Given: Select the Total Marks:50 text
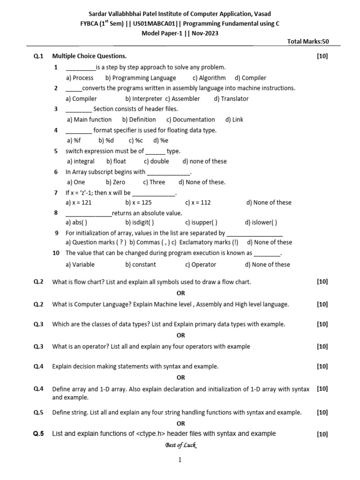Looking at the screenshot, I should click(308, 41).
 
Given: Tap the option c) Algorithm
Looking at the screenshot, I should click(209, 78).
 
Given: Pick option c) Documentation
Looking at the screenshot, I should click(190, 120).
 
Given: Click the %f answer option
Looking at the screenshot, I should click(74, 140).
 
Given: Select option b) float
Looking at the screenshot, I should click(116, 161).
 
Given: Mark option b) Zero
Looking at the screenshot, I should click(116, 182).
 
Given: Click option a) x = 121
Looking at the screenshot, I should click(79, 202).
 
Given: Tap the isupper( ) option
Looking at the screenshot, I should click(201, 223).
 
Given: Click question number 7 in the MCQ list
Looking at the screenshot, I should click(56, 193).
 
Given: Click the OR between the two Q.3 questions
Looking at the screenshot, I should click(180, 335).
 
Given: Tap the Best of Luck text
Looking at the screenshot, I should click(180, 445).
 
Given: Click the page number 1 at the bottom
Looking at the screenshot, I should click(180, 460).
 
